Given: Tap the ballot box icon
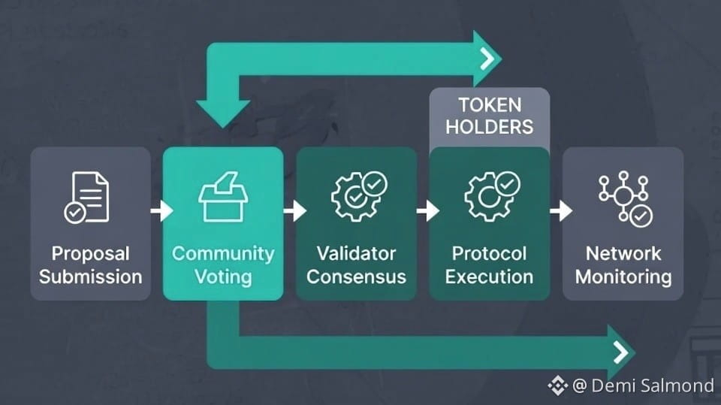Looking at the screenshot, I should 223,197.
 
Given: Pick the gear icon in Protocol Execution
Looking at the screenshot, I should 490,197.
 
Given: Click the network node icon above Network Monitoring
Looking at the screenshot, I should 624,198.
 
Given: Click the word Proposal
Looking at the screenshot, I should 90,253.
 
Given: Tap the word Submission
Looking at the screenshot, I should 90,277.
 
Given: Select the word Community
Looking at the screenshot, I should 223,253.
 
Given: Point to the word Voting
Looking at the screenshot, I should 223,277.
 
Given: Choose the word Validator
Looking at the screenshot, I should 356,253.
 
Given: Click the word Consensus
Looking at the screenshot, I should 356,277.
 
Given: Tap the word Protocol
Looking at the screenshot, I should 489,253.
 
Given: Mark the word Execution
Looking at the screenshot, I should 489,277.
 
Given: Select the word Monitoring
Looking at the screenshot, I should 623,277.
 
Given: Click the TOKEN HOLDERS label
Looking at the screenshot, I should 489,115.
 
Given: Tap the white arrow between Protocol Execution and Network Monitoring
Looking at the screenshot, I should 560,210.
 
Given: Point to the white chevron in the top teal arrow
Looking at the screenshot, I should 488,59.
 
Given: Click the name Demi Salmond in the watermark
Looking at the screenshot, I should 653,386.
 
